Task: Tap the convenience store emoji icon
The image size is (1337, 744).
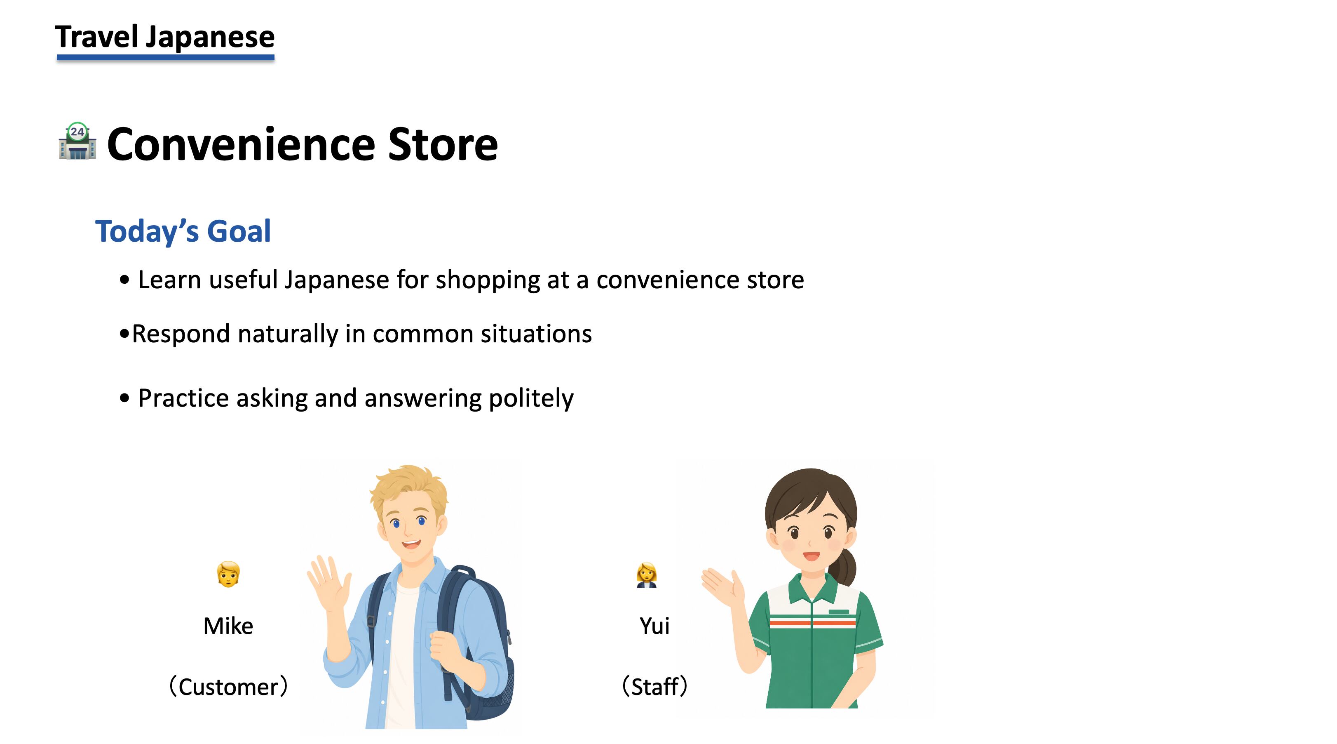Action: (77, 141)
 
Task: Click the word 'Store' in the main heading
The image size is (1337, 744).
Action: (443, 144)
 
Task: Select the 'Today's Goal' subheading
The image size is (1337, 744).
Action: (183, 231)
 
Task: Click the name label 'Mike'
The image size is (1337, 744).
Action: (228, 626)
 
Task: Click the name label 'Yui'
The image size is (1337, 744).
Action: (654, 626)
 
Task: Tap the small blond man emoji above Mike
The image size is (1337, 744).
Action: (228, 574)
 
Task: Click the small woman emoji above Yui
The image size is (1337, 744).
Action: (647, 575)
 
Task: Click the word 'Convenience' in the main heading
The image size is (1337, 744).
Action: (242, 144)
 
